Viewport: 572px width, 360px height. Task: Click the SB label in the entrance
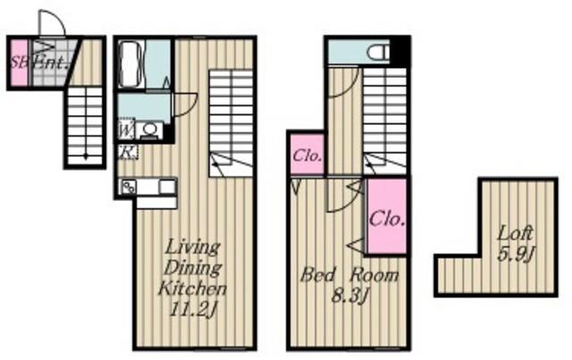pyautogui.click(x=17, y=63)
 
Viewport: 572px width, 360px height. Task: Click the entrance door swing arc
pyautogui.click(x=51, y=24)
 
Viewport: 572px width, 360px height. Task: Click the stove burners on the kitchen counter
pyautogui.click(x=128, y=187)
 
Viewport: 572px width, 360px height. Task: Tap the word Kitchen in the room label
pyautogui.click(x=192, y=289)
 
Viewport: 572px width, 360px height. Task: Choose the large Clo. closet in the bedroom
pyautogui.click(x=387, y=216)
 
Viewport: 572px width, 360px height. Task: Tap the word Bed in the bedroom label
pyautogui.click(x=316, y=275)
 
